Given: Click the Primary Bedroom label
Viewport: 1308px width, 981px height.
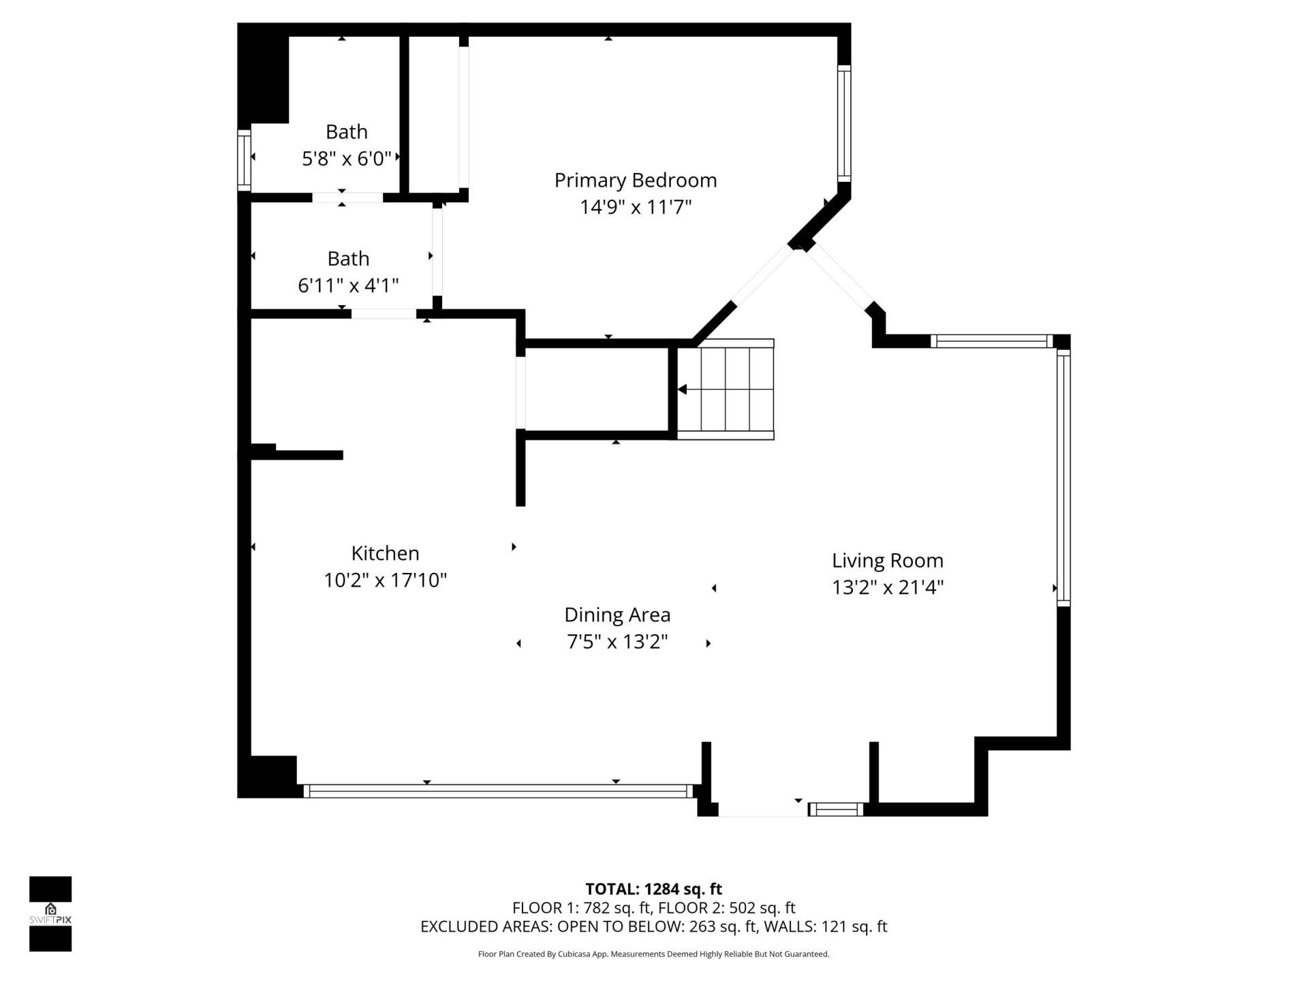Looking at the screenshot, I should click(635, 181).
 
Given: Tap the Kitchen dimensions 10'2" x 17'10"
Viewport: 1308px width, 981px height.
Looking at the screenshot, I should click(385, 580).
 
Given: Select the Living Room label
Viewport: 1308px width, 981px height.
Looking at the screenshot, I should click(887, 561).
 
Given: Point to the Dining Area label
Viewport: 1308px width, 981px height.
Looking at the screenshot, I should click(617, 615).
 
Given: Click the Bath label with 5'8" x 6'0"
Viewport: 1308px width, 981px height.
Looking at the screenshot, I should click(346, 131).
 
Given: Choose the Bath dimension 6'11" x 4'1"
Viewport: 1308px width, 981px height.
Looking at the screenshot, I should click(348, 285).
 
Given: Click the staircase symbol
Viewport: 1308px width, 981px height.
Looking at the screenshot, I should click(726, 390).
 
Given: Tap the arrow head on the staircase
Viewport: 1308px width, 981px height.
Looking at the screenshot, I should click(682, 390).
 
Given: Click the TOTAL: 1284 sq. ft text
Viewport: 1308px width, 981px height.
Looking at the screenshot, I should click(653, 889).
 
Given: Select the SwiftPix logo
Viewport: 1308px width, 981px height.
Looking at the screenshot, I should click(50, 913).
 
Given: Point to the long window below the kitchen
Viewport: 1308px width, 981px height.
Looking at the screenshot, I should click(497, 791).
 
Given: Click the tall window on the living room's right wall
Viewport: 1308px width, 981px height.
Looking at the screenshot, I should click(1063, 477).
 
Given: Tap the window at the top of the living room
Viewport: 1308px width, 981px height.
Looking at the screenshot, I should click(991, 341).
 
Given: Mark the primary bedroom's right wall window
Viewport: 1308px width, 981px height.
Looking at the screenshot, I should click(844, 123).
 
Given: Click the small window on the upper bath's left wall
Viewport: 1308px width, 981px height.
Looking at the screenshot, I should click(244, 160).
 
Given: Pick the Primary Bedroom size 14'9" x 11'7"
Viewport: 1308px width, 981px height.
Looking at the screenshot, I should click(635, 207).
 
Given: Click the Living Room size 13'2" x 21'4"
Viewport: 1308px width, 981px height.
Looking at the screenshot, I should click(887, 587).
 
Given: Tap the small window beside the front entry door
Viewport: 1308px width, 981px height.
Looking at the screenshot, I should click(836, 809).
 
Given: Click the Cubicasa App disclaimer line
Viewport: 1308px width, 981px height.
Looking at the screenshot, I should click(653, 954).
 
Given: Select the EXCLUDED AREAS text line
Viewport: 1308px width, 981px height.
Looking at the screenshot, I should click(653, 926).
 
